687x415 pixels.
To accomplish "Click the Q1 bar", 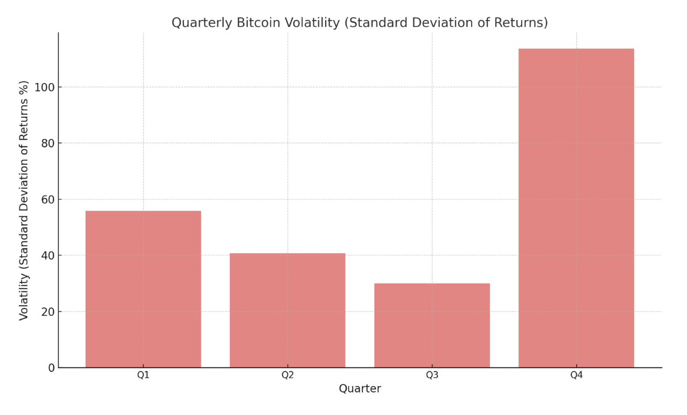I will pyautogui.click(x=143, y=289).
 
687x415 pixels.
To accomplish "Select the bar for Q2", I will pyautogui.click(x=287, y=310).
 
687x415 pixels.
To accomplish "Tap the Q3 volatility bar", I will pyautogui.click(x=432, y=325).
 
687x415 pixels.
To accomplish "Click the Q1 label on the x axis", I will pyautogui.click(x=143, y=375).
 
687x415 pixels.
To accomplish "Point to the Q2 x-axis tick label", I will pyautogui.click(x=287, y=375).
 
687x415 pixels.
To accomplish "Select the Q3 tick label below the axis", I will pyautogui.click(x=432, y=375).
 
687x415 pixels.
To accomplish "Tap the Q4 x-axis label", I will pyautogui.click(x=576, y=375).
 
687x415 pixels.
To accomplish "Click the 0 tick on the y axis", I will pyautogui.click(x=51, y=368).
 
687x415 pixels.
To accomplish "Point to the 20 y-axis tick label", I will pyautogui.click(x=48, y=312).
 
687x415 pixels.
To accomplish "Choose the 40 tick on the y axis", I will pyautogui.click(x=48, y=255).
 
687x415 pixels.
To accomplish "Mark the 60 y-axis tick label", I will pyautogui.click(x=48, y=200).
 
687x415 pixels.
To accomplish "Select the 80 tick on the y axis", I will pyautogui.click(x=48, y=143).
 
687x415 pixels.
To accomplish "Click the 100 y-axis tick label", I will pyautogui.click(x=45, y=87).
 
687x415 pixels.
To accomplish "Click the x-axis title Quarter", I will pyautogui.click(x=360, y=389).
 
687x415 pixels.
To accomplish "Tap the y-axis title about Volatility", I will pyautogui.click(x=24, y=200).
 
